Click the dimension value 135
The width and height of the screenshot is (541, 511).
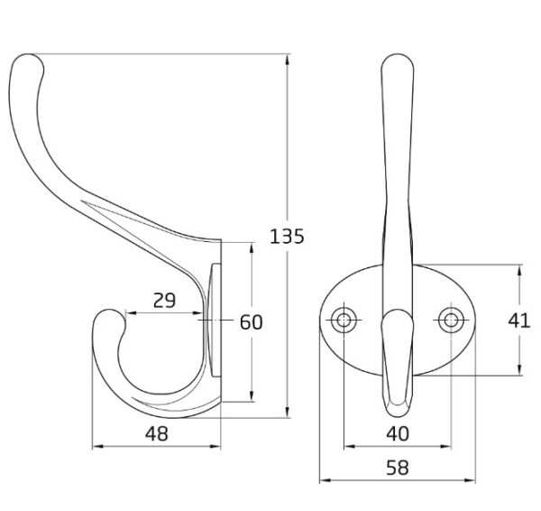point(287,237)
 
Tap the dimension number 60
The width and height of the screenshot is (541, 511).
point(252,322)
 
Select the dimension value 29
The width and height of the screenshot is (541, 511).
point(165,301)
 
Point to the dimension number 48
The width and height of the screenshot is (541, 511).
point(157,433)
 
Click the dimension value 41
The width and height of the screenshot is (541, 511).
point(519,321)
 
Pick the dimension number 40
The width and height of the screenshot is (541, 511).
point(398,433)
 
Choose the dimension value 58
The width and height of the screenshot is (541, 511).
point(398,468)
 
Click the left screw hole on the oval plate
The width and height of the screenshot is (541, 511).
point(344,320)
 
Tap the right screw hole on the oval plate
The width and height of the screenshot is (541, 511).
point(451,320)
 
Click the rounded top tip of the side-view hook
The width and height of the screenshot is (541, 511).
point(28,55)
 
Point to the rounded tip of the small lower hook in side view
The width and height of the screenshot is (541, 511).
point(111,311)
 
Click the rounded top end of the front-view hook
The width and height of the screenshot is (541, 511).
point(398,55)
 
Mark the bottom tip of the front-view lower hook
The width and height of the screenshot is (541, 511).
point(398,416)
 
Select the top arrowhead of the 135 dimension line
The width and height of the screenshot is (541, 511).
point(288,60)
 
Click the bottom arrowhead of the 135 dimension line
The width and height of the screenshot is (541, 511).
point(288,413)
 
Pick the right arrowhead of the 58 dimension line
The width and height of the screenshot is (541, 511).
point(470,480)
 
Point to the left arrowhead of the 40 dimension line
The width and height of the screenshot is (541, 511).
point(350,446)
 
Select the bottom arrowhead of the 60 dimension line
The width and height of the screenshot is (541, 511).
point(252,396)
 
